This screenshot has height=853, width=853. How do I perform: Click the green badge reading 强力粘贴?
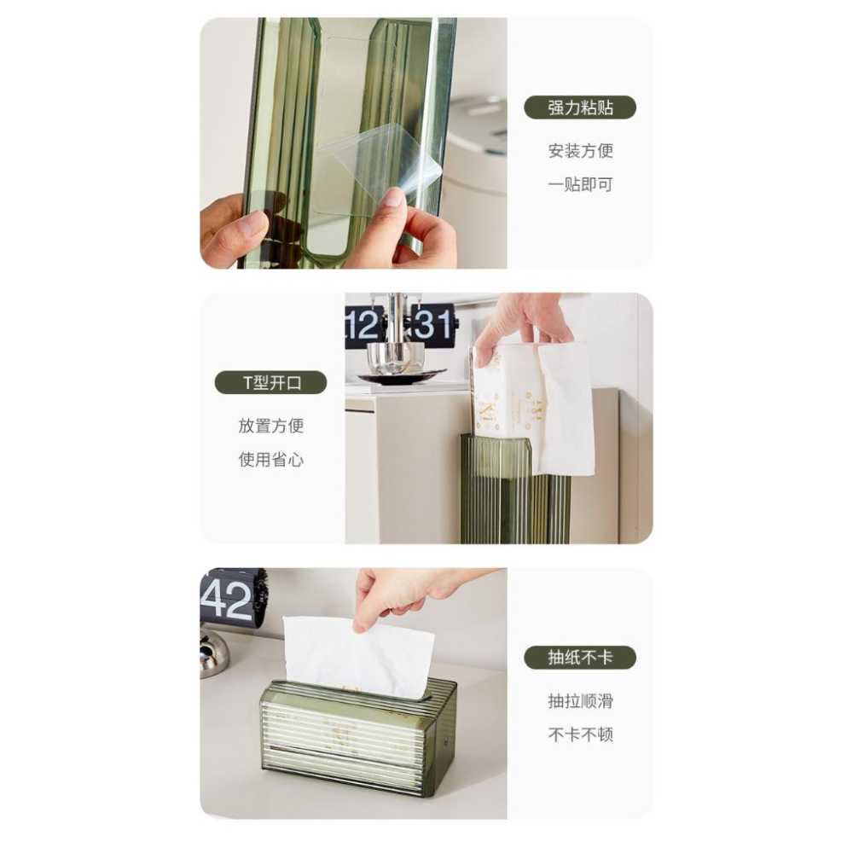tap(580, 107)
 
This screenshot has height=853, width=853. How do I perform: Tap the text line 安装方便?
tap(580, 151)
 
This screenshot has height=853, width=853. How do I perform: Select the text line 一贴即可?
tap(580, 184)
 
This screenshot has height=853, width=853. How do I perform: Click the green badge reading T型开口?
tap(270, 382)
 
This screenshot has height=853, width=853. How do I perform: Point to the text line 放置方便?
tap(270, 426)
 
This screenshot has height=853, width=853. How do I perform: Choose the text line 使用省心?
tap(270, 460)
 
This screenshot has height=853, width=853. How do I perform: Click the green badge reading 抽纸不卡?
tap(580, 658)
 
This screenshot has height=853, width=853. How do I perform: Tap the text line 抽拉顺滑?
tap(580, 701)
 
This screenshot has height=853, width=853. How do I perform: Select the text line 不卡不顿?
tap(580, 734)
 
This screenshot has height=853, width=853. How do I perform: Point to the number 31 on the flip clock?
tap(432, 325)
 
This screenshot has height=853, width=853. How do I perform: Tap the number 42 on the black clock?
tap(227, 600)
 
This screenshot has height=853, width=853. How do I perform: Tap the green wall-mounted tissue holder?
tap(514, 490)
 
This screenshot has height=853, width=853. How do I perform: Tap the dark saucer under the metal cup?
tap(401, 376)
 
